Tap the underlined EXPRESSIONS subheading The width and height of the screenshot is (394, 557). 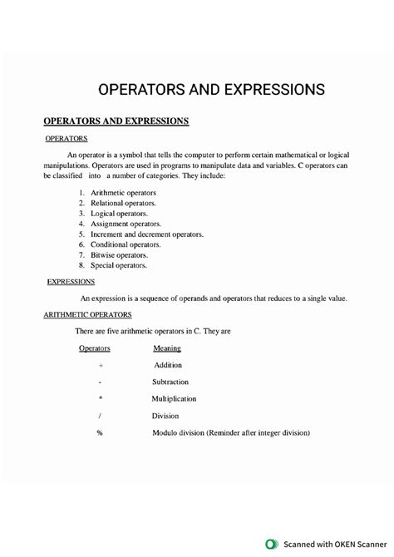[70, 282]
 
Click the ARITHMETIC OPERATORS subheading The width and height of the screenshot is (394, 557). [93, 315]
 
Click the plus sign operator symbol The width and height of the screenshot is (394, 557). [100, 365]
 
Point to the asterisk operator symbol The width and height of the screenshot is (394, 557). [100, 399]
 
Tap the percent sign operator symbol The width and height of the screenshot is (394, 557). [100, 433]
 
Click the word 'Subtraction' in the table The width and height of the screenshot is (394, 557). [170, 382]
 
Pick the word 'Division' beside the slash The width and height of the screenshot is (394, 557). [165, 416]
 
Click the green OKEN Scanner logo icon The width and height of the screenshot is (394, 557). [270, 545]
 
